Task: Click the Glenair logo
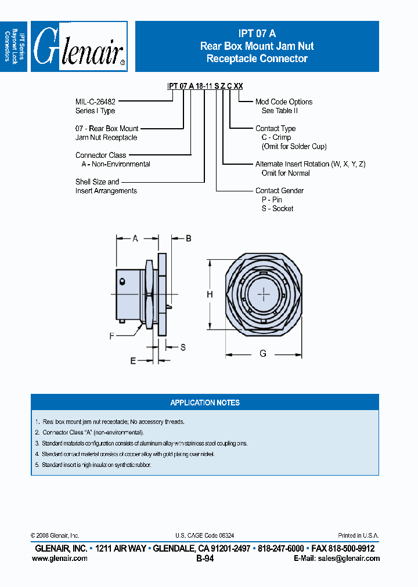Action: point(79,46)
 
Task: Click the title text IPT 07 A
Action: point(257,34)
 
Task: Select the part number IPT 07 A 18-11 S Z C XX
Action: point(205,86)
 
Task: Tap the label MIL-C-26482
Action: point(95,102)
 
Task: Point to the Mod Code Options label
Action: point(284,102)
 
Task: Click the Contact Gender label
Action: point(279,190)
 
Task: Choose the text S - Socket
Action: point(278,208)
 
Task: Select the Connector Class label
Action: point(100,155)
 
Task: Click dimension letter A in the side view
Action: point(135,238)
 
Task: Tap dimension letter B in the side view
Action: point(188,238)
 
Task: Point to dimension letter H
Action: point(210,294)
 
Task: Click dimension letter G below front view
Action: point(263,353)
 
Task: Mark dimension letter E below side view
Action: point(133,361)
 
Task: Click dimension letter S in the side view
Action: point(182,347)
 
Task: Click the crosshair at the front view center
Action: point(264,294)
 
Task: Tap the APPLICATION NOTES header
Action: point(204,403)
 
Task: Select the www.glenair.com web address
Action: point(60,558)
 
